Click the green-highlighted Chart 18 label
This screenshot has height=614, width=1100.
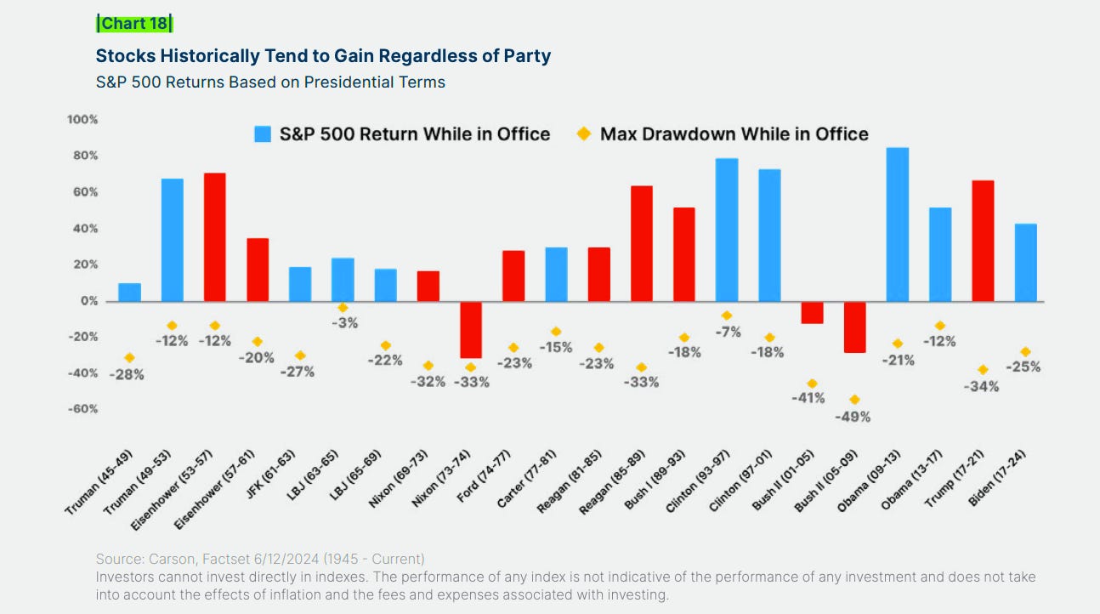tap(134, 23)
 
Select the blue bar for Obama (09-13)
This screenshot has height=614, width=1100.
tap(897, 225)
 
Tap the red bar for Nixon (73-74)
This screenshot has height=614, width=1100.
tap(470, 330)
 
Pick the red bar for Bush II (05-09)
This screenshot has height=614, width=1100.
tap(854, 327)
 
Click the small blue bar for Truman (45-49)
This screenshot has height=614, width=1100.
tap(129, 293)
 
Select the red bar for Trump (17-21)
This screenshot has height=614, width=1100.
tap(983, 241)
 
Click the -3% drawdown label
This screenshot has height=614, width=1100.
tap(343, 323)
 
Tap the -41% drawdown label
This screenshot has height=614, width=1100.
tap(808, 398)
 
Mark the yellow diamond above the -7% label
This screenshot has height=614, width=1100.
tap(727, 316)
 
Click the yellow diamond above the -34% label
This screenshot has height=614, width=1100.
tap(983, 370)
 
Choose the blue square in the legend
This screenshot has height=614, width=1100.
tap(263, 134)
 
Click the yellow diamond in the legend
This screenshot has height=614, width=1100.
tap(583, 134)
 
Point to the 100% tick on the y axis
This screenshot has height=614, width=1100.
tap(82, 120)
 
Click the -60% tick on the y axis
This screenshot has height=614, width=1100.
tap(82, 409)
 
